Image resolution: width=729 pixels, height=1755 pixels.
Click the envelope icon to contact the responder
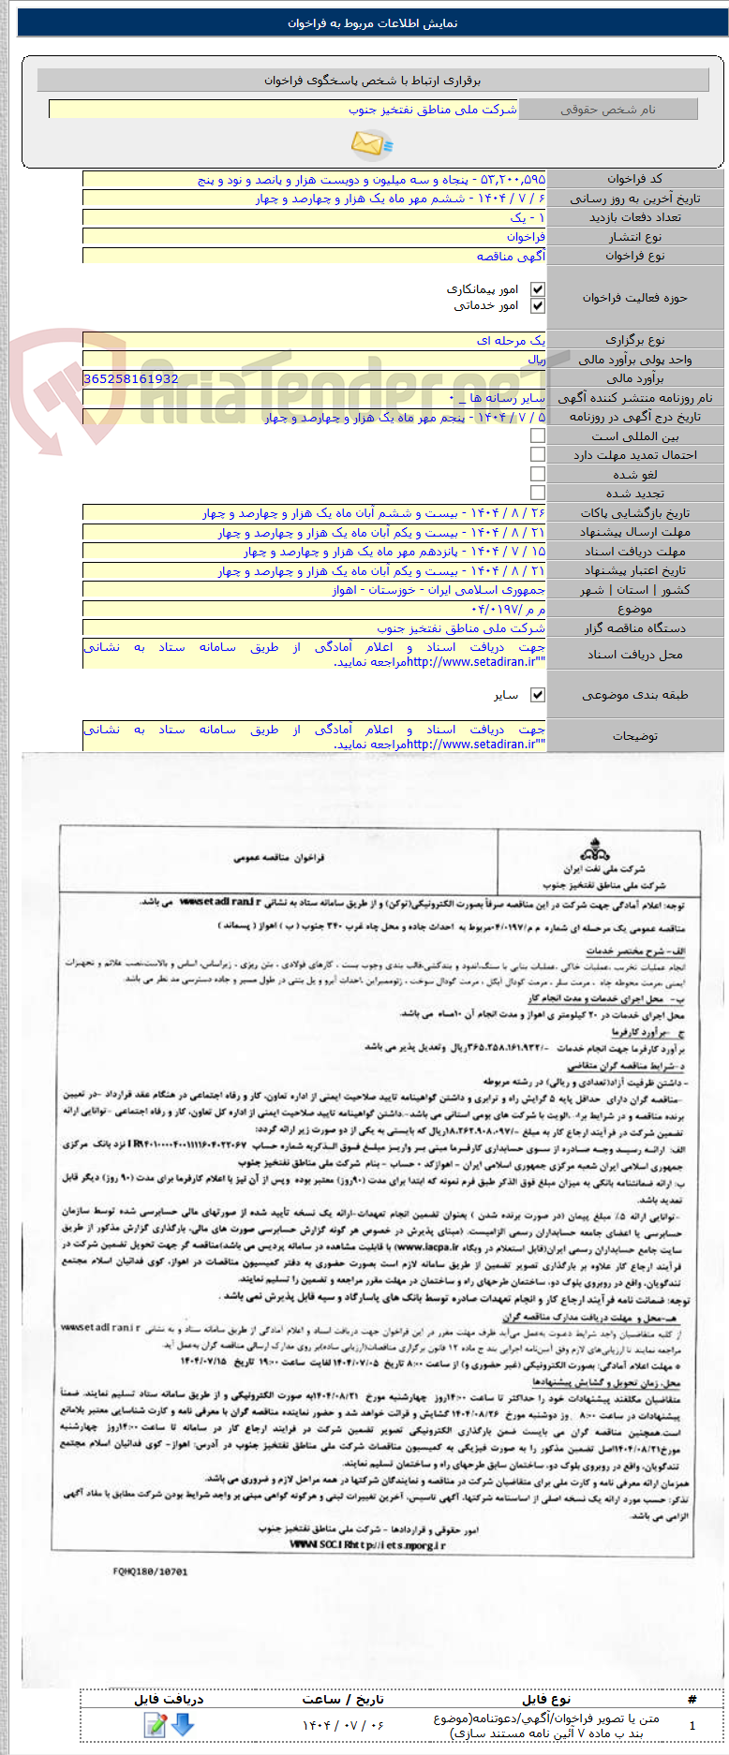click(372, 143)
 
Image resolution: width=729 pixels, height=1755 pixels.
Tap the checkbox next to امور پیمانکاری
click(537, 289)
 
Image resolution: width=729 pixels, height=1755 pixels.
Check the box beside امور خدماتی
click(537, 305)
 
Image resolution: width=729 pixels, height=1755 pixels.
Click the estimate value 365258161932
click(131, 378)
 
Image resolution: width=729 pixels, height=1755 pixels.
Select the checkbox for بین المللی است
click(537, 435)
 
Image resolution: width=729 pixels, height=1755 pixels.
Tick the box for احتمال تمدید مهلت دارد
click(537, 454)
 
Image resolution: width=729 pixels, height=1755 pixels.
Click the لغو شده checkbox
click(537, 474)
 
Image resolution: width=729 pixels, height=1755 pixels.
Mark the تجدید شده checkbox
click(537, 493)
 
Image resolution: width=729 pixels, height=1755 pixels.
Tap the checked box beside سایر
click(537, 695)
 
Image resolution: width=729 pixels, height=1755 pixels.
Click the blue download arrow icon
click(183, 1723)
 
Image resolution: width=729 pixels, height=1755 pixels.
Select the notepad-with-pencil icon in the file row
click(155, 1723)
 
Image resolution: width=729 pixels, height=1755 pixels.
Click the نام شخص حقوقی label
click(608, 110)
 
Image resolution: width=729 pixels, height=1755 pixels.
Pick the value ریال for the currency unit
click(536, 360)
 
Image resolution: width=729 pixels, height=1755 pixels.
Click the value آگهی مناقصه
click(511, 256)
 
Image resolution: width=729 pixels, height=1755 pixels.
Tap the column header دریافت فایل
click(169, 1698)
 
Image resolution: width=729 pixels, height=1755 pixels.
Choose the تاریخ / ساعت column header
click(343, 1698)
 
